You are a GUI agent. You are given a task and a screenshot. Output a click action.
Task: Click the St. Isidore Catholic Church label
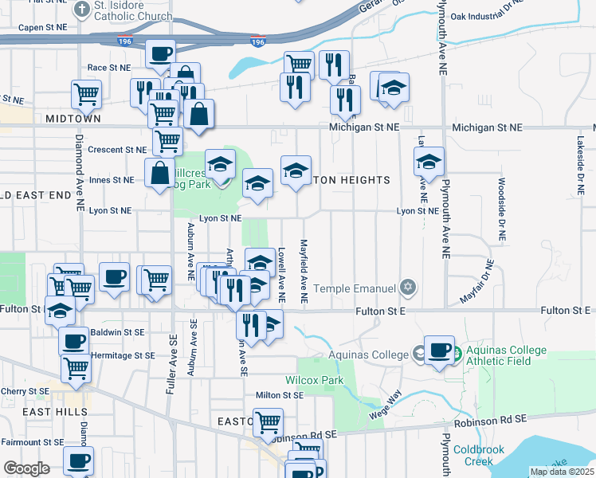[x=132, y=11]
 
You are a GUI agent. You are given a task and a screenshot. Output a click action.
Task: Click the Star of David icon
[x=408, y=286]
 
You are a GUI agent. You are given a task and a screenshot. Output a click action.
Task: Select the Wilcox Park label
[x=315, y=381]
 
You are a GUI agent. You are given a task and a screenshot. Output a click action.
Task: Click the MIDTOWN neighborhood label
[x=73, y=118]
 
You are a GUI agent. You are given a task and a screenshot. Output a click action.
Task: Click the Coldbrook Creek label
[x=479, y=456]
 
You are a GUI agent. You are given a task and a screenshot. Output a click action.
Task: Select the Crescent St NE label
[x=117, y=150]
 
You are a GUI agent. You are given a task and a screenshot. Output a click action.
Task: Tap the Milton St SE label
[x=280, y=395]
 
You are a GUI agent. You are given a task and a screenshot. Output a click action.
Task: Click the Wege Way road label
[x=385, y=406]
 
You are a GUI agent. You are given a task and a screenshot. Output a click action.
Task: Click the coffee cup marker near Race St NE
[x=159, y=54]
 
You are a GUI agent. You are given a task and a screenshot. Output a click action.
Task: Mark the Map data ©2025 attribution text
[x=561, y=472]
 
